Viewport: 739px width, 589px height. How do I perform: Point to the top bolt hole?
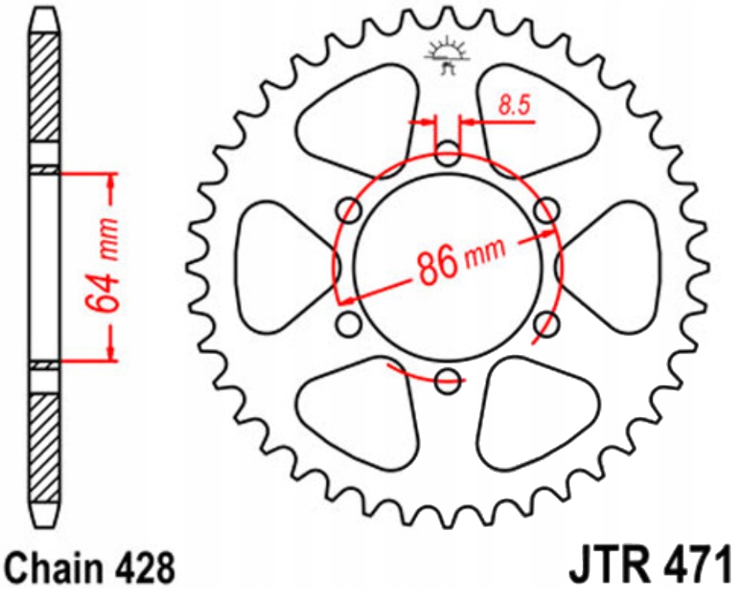[x=448, y=153]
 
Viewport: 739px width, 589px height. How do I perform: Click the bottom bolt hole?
[x=448, y=381]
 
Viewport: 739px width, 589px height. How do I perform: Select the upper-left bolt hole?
[x=349, y=210]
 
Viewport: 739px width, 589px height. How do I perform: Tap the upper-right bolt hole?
[x=547, y=210]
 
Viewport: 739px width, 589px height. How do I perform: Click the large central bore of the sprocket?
[x=448, y=267]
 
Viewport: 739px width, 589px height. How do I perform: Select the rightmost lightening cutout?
[x=613, y=267]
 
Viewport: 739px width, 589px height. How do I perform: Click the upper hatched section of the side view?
[x=44, y=86]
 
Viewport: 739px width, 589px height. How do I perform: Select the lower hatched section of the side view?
[x=44, y=448]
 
